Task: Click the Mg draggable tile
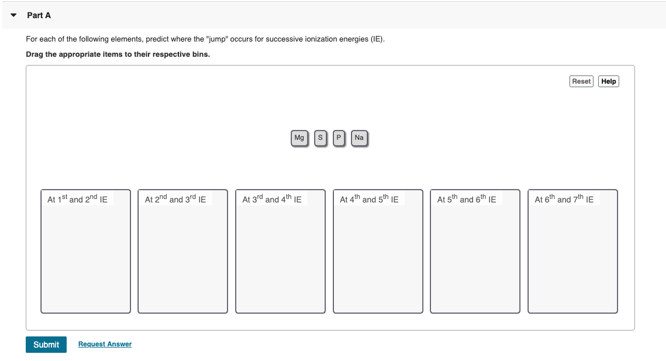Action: coord(299,138)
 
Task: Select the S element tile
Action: coord(320,138)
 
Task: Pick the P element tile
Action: coord(339,138)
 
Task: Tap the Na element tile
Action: coord(359,138)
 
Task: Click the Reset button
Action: coord(581,81)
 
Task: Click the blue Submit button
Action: coord(46,345)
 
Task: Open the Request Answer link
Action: coord(105,344)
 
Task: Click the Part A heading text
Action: coord(39,15)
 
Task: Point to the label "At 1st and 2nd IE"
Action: coord(77,199)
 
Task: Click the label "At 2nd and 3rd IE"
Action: coord(175,199)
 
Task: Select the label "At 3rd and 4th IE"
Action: coord(272,199)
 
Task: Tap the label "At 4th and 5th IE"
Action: coord(369,199)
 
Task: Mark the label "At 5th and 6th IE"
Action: coord(467,199)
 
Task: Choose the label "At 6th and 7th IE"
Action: coord(564,199)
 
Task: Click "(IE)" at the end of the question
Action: coord(377,39)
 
